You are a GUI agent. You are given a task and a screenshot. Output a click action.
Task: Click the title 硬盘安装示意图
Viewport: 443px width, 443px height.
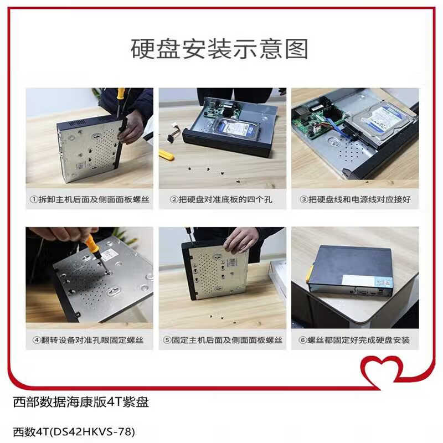tap(219, 49)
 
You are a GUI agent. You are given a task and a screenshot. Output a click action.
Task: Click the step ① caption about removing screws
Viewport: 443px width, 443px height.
tap(89, 199)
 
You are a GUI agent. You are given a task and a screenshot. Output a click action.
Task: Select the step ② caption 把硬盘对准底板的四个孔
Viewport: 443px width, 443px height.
tap(222, 199)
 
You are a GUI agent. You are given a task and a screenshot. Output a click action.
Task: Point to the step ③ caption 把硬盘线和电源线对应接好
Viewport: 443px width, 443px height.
tap(355, 199)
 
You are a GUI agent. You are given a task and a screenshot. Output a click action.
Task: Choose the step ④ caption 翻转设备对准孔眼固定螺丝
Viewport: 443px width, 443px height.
tap(89, 340)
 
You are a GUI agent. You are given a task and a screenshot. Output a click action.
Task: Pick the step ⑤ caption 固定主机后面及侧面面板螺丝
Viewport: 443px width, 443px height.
tap(222, 340)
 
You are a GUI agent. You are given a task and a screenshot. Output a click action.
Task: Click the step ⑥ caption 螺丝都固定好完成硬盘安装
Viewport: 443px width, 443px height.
tap(355, 340)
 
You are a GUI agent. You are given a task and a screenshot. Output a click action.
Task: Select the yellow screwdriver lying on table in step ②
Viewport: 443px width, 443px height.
tap(166, 154)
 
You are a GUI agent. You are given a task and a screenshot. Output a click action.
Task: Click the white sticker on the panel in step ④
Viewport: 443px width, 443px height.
tap(110, 254)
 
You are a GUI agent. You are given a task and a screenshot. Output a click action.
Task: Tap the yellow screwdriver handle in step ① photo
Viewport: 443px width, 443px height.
tap(120, 95)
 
